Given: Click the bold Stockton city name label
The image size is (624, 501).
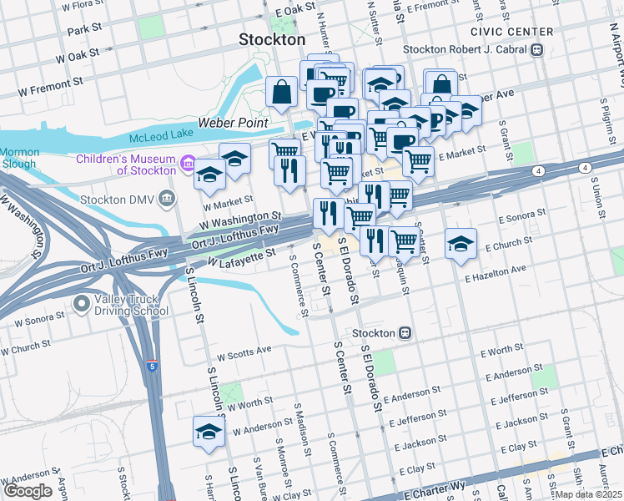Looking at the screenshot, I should pos(272,39).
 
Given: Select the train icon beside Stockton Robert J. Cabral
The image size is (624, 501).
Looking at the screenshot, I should pos(536,49).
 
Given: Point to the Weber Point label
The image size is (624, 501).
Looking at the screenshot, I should pos(237,123).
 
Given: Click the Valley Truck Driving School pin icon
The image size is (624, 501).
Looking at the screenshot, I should pos(83,304).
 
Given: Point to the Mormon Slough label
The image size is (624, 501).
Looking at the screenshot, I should pos(19,158).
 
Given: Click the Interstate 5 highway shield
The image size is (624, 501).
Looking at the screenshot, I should pos(152,366).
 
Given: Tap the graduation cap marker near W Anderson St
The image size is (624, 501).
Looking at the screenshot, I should pos(208,432).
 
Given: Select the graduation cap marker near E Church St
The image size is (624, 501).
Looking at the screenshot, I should pos(460,244).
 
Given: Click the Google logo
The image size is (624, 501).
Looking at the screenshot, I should pos(28,491).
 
